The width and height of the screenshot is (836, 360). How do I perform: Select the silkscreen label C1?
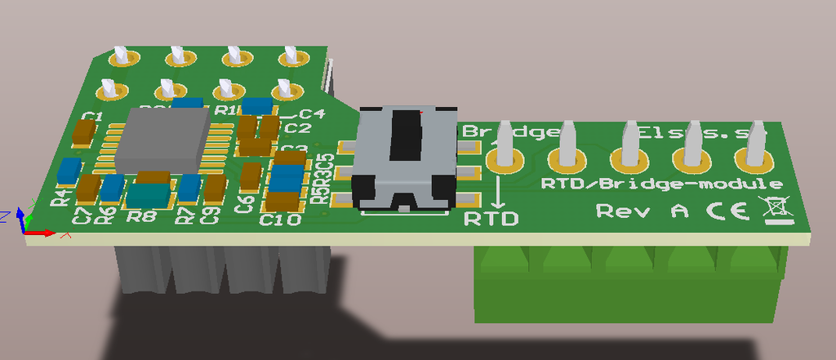click(92, 117)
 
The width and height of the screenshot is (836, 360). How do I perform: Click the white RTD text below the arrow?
click(491, 218)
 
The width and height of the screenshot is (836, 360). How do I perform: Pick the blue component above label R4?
click(69, 172)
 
